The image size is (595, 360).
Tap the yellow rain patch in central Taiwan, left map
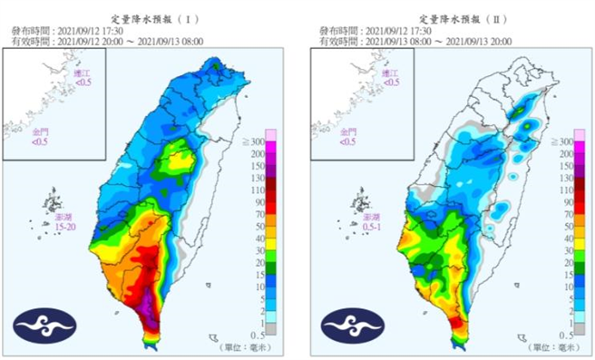tap(171, 163)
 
